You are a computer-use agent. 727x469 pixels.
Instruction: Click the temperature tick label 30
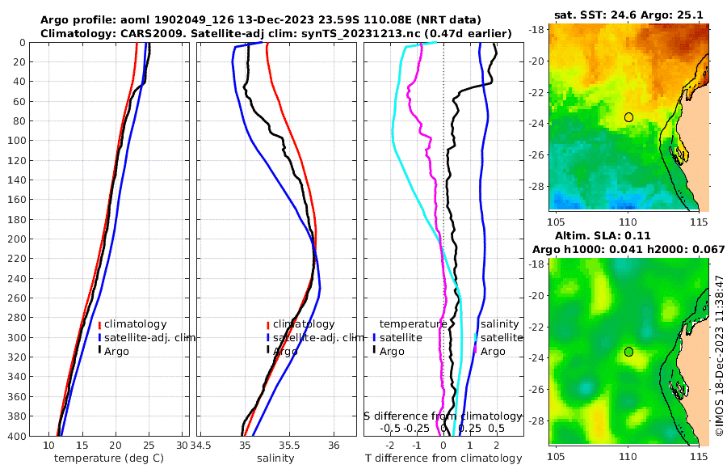[x=182, y=446]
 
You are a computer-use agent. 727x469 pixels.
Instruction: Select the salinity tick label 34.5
[x=201, y=446]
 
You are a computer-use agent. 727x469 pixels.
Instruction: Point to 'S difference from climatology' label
[x=443, y=416]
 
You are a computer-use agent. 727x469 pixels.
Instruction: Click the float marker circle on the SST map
[x=629, y=117]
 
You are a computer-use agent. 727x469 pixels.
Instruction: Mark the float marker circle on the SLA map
[x=628, y=352]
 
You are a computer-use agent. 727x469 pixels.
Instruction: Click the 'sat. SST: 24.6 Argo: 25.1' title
[x=628, y=15]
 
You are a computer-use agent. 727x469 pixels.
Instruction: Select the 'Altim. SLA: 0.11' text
[x=599, y=234]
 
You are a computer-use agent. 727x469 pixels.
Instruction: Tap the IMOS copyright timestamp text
[x=718, y=357]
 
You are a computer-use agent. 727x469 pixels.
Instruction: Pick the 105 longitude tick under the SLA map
[x=556, y=457]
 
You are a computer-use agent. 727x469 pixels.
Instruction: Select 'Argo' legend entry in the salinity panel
[x=284, y=352]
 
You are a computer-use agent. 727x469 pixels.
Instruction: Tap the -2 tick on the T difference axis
[x=390, y=446]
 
